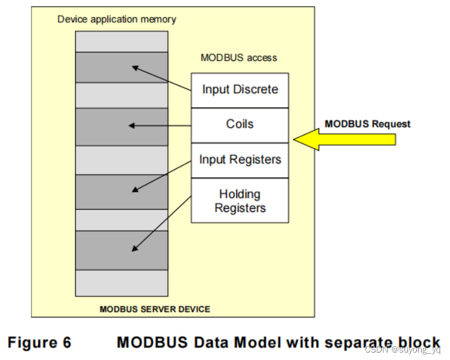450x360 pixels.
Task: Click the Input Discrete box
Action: [240, 90]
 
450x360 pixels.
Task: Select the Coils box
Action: [240, 125]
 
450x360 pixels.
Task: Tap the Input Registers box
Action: [240, 160]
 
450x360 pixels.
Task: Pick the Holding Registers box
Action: [240, 201]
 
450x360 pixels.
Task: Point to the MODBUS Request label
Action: [367, 124]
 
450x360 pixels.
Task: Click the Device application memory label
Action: [117, 19]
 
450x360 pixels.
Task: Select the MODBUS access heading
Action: [239, 58]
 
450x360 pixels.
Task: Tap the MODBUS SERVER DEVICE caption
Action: [155, 309]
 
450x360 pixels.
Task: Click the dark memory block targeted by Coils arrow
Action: [121, 126]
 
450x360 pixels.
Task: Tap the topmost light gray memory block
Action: [121, 41]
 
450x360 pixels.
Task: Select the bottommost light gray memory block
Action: [121, 283]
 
